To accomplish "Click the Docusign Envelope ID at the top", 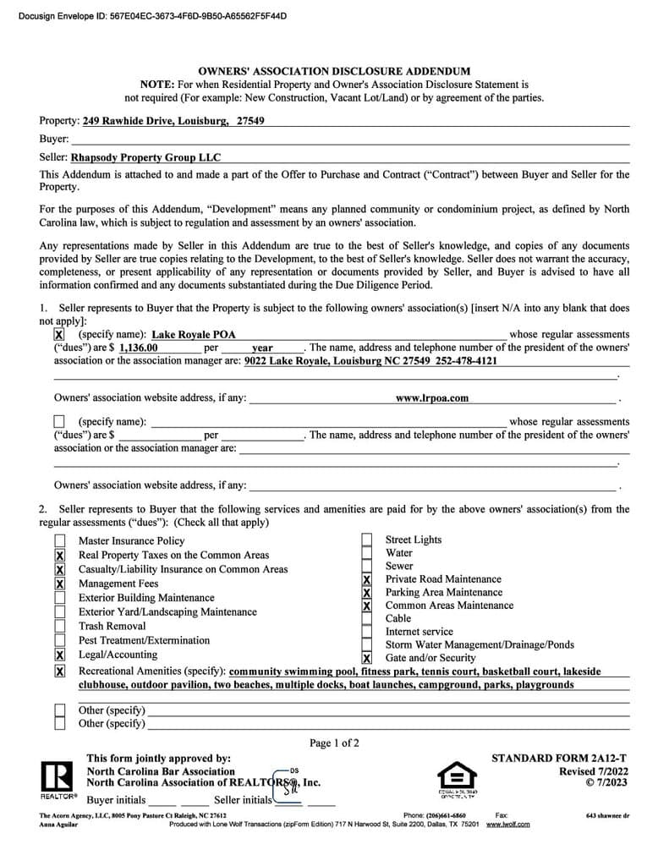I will click(x=152, y=15).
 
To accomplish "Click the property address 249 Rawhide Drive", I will click(x=173, y=121).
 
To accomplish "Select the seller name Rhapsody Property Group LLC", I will click(x=145, y=157).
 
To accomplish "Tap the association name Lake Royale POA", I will click(x=194, y=335).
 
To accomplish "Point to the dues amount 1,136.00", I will click(x=139, y=348).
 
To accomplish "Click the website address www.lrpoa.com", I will click(x=431, y=397).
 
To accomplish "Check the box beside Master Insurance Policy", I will click(x=60, y=541).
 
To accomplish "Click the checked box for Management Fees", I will click(x=60, y=584).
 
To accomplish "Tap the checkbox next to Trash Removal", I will click(x=60, y=627).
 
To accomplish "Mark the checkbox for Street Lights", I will click(x=367, y=540).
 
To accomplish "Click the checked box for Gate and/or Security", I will click(x=367, y=658).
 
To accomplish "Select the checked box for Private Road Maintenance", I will click(x=367, y=580).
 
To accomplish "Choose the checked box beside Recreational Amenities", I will click(x=60, y=671).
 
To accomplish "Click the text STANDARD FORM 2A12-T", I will click(x=560, y=759).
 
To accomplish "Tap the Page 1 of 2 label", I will click(x=334, y=743).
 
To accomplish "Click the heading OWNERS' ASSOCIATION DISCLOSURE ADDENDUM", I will click(x=334, y=72).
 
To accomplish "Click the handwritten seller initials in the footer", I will click(x=290, y=789).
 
